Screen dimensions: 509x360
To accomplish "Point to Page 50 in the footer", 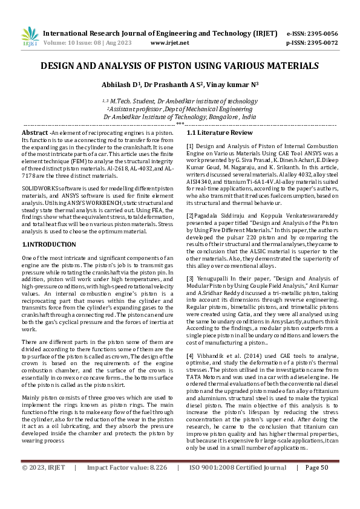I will coord(316,484).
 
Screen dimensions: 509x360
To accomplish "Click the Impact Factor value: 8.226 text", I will coord(127,484).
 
